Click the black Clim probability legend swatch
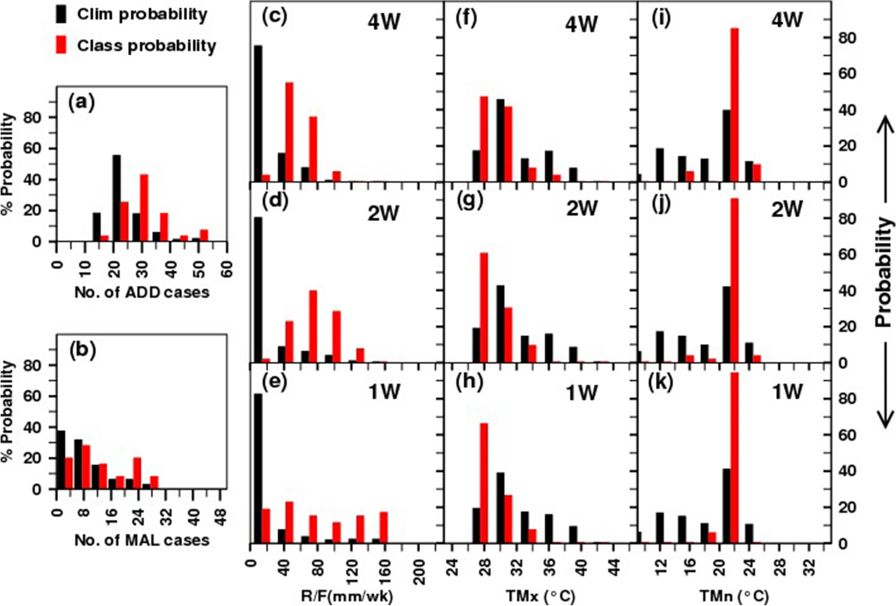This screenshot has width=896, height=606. click(61, 14)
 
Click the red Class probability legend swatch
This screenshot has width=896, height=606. click(61, 45)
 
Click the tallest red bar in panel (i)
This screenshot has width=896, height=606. click(734, 105)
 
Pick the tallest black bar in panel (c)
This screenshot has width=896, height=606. click(258, 113)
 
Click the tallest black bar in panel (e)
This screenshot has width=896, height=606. click(258, 468)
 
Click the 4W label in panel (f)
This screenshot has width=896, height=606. click(581, 24)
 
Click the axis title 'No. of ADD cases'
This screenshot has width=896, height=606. click(142, 292)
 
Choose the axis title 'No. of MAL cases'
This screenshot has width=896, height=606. click(142, 540)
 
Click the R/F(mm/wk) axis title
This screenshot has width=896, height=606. click(347, 596)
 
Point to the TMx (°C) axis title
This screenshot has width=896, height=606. click(540, 596)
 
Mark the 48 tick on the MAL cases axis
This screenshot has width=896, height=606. click(221, 517)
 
